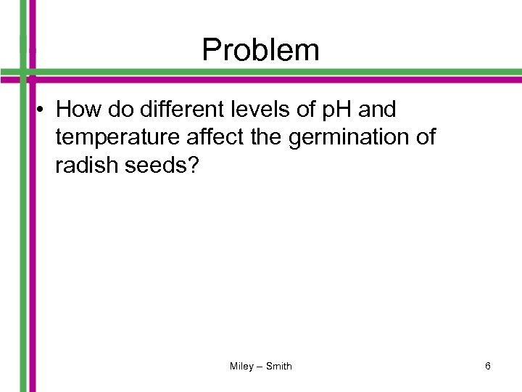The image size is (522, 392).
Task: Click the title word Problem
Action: [x=260, y=49]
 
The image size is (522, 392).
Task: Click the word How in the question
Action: [x=76, y=110]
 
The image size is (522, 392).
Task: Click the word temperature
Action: [x=109, y=137]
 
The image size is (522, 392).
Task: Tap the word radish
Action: [x=83, y=165]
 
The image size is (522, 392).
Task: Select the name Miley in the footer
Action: [x=241, y=367]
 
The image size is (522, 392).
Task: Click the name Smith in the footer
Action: [x=279, y=367]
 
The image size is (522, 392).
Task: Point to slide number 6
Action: [x=488, y=367]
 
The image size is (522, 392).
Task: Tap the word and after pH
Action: [x=378, y=110]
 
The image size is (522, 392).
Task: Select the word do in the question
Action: [x=115, y=110]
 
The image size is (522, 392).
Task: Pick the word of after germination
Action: [x=425, y=137]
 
